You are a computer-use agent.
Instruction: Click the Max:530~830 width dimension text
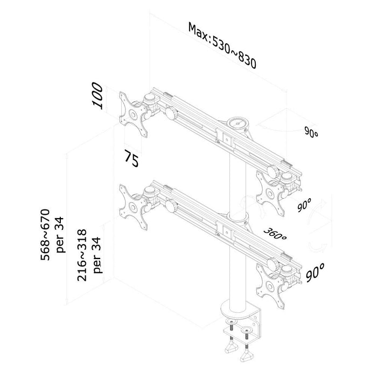point(222,45)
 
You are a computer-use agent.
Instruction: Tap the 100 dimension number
point(97,95)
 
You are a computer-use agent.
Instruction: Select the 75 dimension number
point(131,158)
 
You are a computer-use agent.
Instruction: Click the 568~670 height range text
point(45,235)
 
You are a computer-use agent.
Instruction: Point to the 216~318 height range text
point(82,255)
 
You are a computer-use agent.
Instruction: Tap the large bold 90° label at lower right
point(315,273)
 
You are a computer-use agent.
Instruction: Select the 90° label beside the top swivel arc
point(311,132)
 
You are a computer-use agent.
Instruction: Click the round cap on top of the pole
point(238,123)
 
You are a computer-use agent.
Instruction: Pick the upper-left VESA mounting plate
point(133,114)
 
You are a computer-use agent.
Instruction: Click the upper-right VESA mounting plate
point(270,193)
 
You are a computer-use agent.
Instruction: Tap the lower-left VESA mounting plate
point(133,207)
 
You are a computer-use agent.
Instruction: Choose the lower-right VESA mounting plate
point(270,286)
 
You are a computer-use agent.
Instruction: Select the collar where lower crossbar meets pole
point(238,218)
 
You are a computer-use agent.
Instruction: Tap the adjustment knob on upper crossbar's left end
point(171,113)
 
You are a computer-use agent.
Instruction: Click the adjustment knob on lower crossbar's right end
point(273,263)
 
